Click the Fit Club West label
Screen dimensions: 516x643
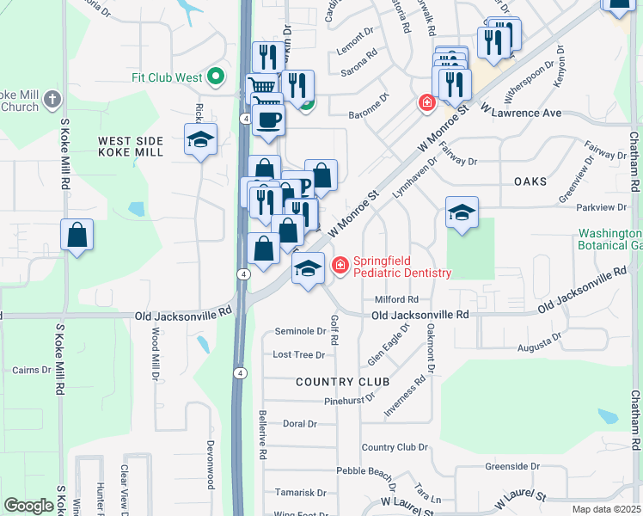(172, 77)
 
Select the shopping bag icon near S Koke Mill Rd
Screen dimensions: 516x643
(77, 235)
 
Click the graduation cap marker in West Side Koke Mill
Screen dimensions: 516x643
(200, 139)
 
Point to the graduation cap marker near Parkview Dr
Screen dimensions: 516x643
(462, 212)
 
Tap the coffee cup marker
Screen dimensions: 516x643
(268, 120)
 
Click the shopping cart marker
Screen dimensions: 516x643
(263, 86)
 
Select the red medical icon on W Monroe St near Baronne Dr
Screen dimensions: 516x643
(426, 103)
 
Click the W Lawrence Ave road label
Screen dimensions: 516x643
(527, 114)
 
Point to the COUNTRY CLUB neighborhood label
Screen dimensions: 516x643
(343, 381)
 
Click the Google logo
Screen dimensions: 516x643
(28, 506)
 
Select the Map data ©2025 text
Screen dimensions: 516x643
(606, 509)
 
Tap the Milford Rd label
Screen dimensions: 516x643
(395, 299)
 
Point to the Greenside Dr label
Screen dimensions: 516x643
(511, 466)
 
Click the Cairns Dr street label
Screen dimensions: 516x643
(32, 370)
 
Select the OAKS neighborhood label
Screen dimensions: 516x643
(530, 181)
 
